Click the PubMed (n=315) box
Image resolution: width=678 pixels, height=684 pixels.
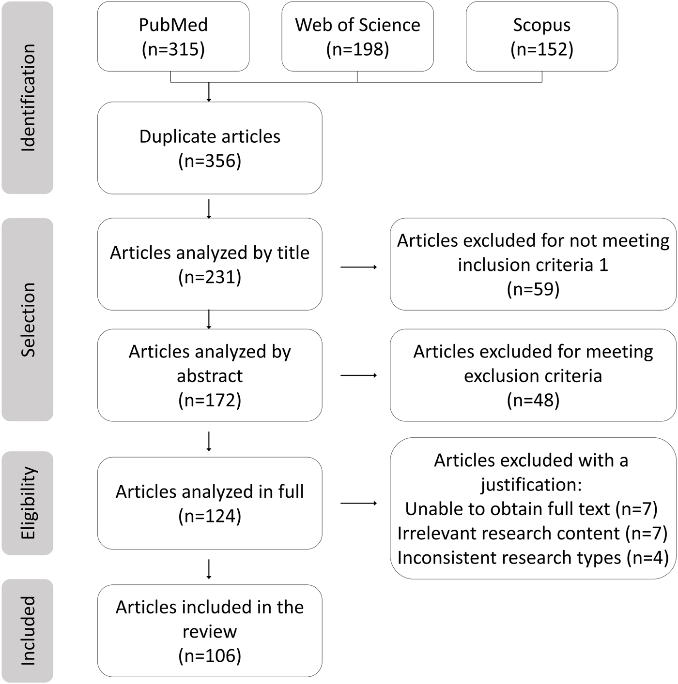(173, 37)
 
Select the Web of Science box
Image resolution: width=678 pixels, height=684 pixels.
(357, 37)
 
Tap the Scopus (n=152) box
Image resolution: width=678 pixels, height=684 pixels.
(541, 37)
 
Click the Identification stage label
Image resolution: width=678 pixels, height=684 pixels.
(28, 98)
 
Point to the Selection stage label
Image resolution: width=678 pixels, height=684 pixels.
(28, 319)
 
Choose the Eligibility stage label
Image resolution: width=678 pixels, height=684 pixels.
(28, 503)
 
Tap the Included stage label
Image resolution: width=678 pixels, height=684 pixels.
(28, 630)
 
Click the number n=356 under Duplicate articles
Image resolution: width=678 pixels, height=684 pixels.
(210, 161)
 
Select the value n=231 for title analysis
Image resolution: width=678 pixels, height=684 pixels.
(210, 277)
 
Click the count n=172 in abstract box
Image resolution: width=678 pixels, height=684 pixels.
(210, 400)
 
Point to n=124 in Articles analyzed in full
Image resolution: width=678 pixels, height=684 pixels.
(210, 516)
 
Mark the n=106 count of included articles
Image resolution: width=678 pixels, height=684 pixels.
(210, 656)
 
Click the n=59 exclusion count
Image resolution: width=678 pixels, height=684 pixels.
(533, 289)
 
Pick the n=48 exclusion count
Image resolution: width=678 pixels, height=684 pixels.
(533, 400)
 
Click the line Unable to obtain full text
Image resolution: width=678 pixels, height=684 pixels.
(531, 509)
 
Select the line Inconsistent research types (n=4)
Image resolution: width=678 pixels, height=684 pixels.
(533, 558)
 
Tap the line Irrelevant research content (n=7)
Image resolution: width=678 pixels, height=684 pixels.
(533, 534)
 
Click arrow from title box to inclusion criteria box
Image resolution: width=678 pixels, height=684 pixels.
(358, 267)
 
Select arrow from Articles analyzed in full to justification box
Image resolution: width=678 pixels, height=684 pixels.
(358, 504)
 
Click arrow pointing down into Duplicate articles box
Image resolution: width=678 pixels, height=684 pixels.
(209, 92)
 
